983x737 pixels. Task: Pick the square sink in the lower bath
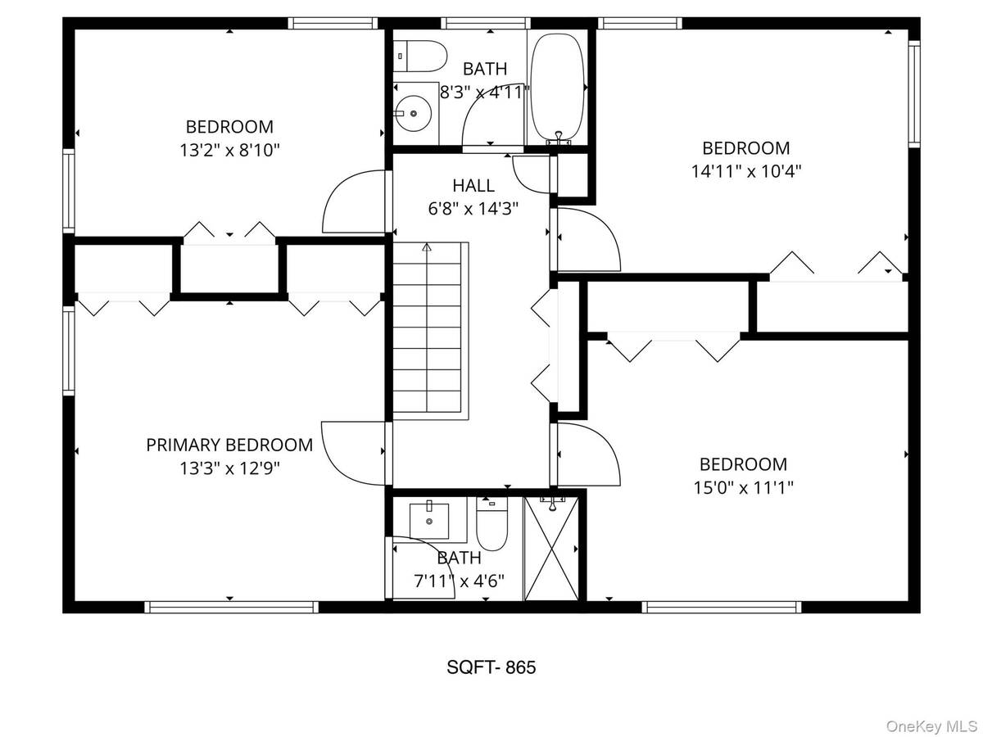[x=430, y=518]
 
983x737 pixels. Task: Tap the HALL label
[x=473, y=186]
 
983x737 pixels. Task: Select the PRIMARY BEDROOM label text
[x=229, y=445]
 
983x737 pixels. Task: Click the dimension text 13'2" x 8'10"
[x=229, y=150]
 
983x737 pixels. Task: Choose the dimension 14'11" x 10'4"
[x=746, y=171]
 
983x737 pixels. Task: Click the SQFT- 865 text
[x=491, y=667]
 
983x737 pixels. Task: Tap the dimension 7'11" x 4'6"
[x=459, y=580]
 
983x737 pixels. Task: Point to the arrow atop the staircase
[x=426, y=246]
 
